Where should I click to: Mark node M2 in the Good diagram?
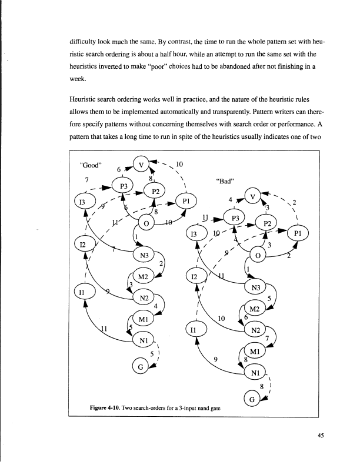(x=142, y=277)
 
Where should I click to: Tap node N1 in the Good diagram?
(x=142, y=341)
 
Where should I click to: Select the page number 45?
(x=319, y=435)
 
